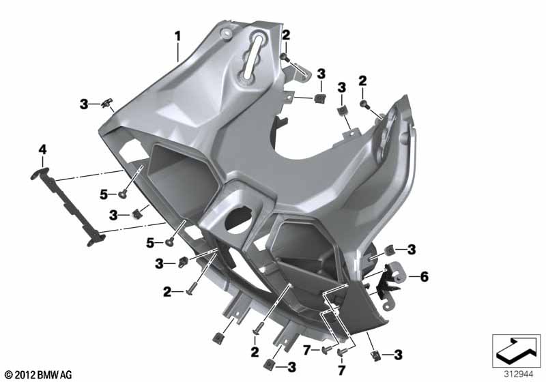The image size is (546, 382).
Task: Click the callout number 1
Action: tap(177, 37)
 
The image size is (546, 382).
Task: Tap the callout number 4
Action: tap(42, 149)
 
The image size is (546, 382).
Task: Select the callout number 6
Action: tap(424, 277)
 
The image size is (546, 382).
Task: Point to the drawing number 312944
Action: tap(519, 374)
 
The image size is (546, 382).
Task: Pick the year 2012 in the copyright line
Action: tap(25, 374)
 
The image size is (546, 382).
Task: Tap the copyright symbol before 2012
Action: tap(9, 374)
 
